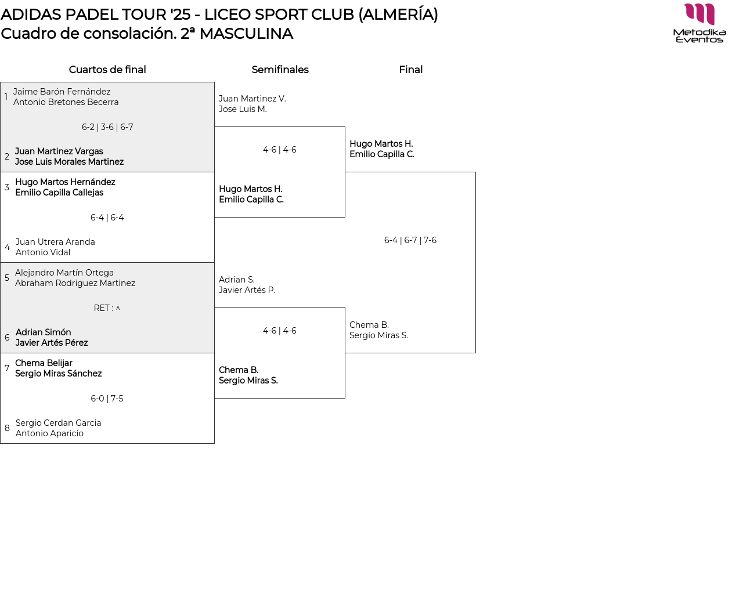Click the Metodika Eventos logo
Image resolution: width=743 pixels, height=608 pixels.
[699, 23]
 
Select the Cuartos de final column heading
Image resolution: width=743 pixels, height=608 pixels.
[107, 70]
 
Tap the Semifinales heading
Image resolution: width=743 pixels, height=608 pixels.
[280, 70]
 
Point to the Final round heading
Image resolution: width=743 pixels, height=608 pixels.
[410, 70]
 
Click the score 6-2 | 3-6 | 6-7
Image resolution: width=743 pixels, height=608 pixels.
[107, 127]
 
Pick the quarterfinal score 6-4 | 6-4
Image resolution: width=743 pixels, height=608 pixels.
[107, 218]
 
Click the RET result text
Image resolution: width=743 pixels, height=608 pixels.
[107, 308]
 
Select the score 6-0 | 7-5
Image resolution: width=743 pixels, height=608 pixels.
[107, 399]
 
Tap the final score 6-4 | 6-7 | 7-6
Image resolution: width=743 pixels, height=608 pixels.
[410, 240]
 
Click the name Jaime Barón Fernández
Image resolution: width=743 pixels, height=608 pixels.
[62, 92]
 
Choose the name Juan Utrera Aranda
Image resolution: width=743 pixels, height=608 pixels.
[55, 242]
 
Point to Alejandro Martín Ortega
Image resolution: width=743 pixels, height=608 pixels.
[64, 273]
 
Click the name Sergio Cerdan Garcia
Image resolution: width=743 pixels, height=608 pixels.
[58, 423]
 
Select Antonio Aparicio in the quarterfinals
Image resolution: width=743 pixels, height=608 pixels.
[49, 433]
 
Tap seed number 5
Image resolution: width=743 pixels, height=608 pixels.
[7, 278]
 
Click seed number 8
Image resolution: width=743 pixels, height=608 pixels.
[7, 428]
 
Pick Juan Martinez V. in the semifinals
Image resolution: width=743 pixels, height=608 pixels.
[252, 99]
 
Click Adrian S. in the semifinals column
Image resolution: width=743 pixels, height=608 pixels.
[236, 280]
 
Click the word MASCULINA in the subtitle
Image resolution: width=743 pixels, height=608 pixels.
[246, 34]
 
